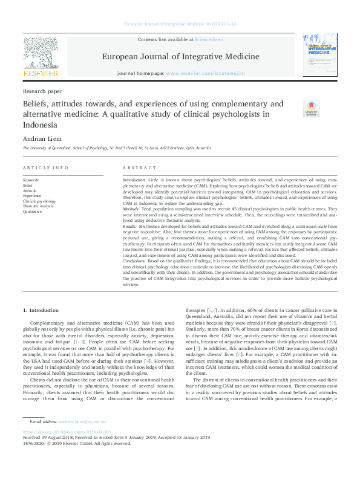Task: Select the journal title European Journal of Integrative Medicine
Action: point(180,57)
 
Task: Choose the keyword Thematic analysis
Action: point(38,206)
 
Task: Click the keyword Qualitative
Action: point(33,212)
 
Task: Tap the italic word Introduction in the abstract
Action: point(134,180)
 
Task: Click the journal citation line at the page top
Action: point(180,24)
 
